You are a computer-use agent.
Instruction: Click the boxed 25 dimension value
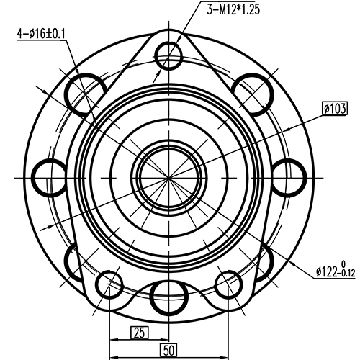click(x=139, y=312)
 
